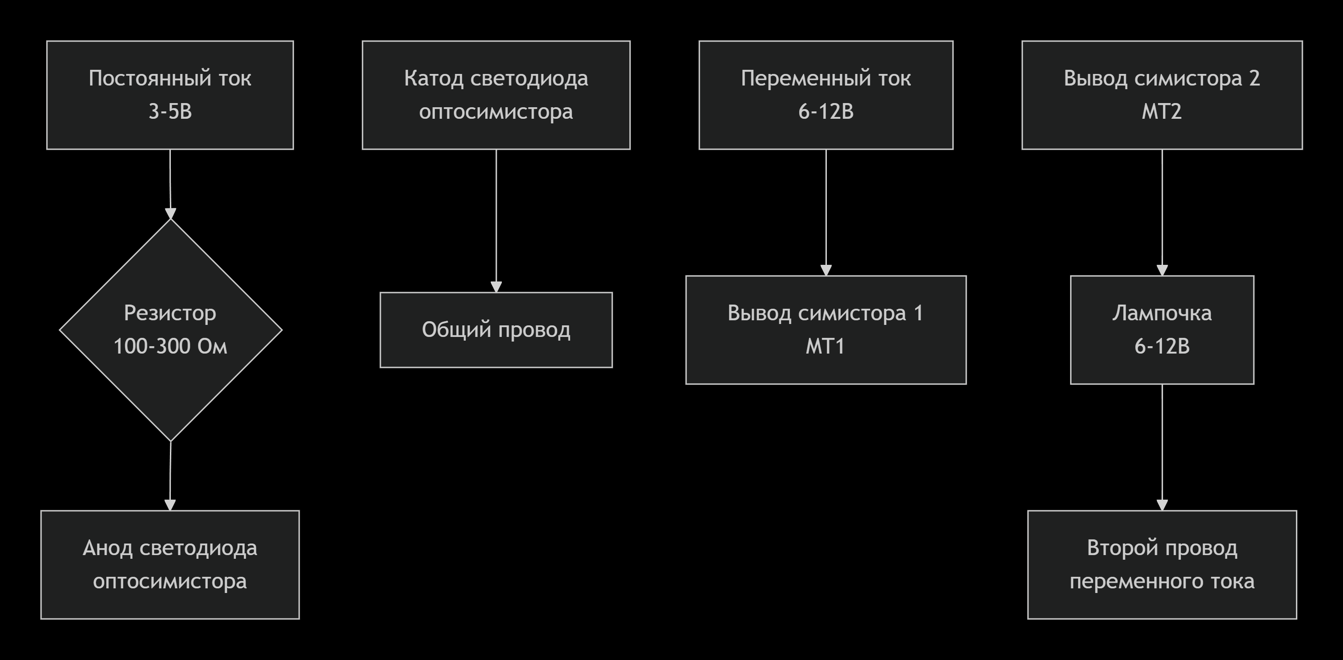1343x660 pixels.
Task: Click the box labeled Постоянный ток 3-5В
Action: tap(170, 95)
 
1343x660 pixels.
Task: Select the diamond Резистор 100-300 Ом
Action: tap(170, 330)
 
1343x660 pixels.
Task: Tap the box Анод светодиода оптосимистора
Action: tap(170, 564)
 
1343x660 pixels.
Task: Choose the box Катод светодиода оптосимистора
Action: tap(496, 95)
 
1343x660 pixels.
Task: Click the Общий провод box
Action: tap(496, 330)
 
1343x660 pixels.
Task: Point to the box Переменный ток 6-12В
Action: tap(826, 95)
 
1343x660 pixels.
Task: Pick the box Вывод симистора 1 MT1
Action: tap(826, 330)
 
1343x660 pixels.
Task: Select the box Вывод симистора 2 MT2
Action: tap(1162, 95)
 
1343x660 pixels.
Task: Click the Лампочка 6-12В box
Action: tap(1162, 330)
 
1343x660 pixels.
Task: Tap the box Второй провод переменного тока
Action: tap(1162, 564)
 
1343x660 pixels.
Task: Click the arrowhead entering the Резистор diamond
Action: tap(170, 214)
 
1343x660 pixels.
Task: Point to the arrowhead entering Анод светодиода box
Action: tap(170, 505)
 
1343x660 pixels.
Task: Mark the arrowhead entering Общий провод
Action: tap(496, 287)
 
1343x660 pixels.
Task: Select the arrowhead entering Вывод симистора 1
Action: tap(826, 270)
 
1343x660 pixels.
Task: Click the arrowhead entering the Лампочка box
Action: tap(1162, 270)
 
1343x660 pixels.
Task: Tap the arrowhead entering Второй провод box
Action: tap(1162, 505)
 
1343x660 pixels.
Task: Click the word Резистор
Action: tap(170, 313)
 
